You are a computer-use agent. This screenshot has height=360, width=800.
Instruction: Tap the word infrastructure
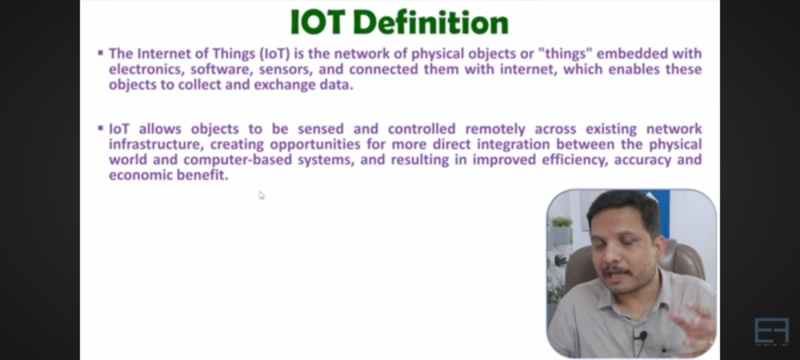tap(154, 145)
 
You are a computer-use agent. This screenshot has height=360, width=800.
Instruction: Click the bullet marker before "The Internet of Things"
tap(100, 52)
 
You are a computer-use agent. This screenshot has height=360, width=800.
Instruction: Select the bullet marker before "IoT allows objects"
tap(100, 127)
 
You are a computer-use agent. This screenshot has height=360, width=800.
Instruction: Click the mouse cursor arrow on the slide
tap(261, 195)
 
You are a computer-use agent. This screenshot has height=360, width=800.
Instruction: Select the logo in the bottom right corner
tap(771, 331)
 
